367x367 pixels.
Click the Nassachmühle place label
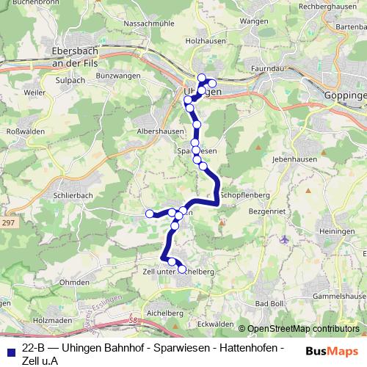(x=150, y=24)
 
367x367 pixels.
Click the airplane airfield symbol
(x=285, y=239)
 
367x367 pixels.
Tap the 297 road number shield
(x=9, y=223)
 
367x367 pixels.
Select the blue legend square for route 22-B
(x=7, y=352)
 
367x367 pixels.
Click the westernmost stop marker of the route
(x=150, y=214)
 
